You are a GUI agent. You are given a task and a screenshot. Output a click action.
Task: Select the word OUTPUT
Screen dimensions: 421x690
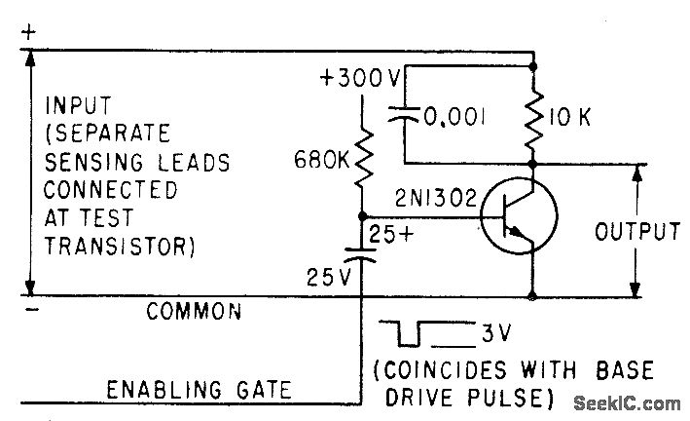click(x=636, y=232)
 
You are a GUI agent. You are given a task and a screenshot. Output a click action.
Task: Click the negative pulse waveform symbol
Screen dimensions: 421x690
click(x=409, y=335)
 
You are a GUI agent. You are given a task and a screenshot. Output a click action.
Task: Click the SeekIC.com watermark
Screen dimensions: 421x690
click(x=626, y=402)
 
